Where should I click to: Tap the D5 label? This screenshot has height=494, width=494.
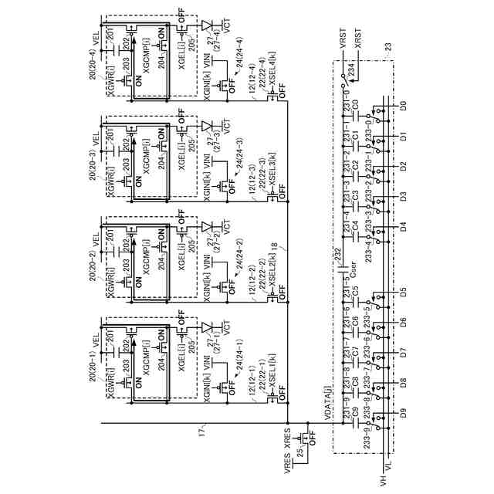[403, 293]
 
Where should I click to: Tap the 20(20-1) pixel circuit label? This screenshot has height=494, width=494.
[93, 357]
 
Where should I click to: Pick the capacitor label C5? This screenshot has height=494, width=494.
[355, 295]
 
